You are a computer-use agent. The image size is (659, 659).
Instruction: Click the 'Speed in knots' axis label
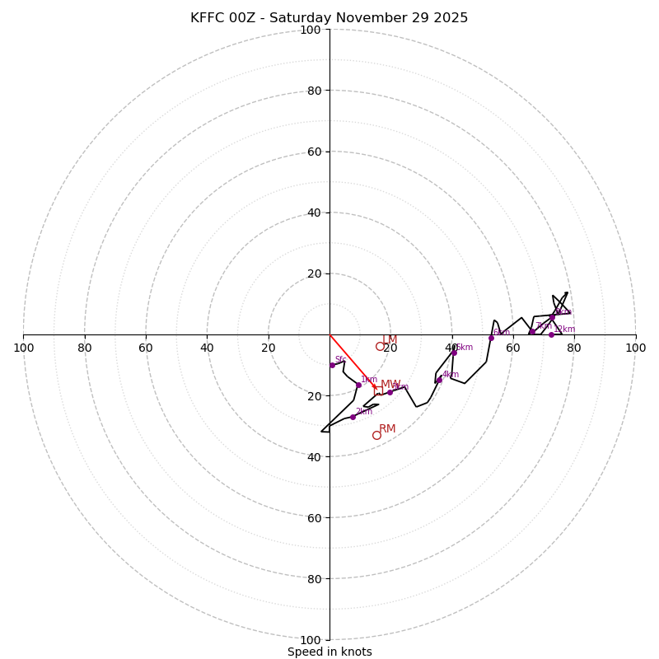[x=329, y=652]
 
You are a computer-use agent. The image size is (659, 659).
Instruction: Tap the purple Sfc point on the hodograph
[x=332, y=365]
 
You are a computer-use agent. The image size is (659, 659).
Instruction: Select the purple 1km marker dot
[x=358, y=385]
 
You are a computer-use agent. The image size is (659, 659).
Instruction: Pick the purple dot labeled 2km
[x=353, y=417]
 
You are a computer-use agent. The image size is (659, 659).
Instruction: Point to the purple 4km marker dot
[x=439, y=380]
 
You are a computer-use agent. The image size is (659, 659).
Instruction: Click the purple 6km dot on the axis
[x=491, y=338]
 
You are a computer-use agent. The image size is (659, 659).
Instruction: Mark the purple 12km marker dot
[x=551, y=334]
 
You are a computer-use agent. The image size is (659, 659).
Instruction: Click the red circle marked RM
[x=376, y=435]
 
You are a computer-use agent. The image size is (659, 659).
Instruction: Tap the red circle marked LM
[x=380, y=347]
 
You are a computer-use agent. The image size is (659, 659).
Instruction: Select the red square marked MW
[x=379, y=390]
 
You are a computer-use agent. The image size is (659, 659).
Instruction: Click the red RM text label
[x=387, y=428]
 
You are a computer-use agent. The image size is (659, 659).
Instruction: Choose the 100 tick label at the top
[x=310, y=30]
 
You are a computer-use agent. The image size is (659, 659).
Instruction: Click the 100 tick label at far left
[x=23, y=348]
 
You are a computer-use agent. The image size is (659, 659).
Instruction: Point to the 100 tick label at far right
[x=635, y=348]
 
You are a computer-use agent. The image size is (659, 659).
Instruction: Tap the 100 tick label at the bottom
[x=310, y=640]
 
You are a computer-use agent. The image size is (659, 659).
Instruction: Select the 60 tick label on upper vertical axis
[x=313, y=152]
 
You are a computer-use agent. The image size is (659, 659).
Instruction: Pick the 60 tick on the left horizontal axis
[x=146, y=348]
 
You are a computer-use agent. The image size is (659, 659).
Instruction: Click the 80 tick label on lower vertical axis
[x=313, y=579]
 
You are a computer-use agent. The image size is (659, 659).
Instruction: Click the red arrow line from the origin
[x=352, y=361]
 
